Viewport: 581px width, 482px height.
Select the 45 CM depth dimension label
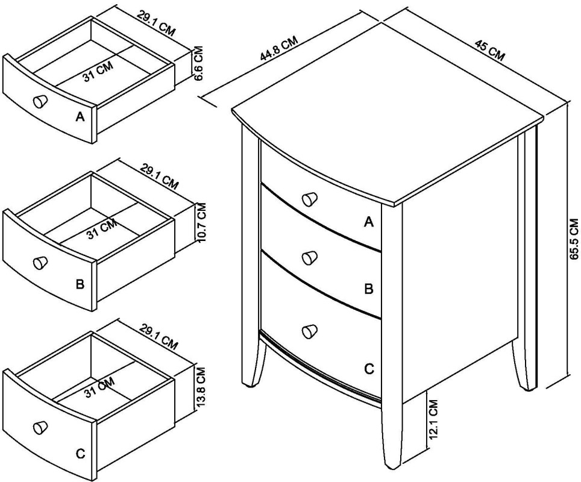489,49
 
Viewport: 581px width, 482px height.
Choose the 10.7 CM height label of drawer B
201,222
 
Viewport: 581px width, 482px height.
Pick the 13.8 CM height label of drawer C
201,385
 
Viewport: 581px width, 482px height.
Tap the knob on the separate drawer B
40,262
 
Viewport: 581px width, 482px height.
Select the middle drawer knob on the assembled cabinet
309,258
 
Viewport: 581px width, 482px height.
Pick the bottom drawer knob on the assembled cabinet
309,331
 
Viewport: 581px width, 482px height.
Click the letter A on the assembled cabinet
369,222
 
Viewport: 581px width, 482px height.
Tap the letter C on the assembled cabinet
369,369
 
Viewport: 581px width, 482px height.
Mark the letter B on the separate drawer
80,284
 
